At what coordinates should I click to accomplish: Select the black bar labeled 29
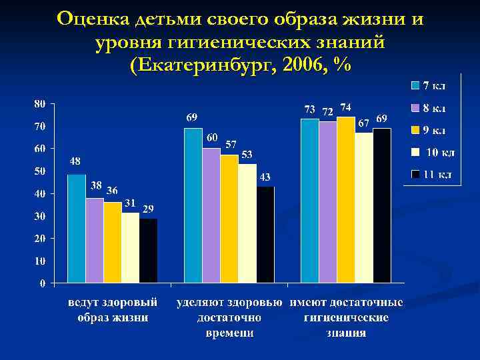pyautogui.click(x=148, y=250)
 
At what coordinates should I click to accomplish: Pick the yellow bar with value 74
pyautogui.click(x=345, y=199)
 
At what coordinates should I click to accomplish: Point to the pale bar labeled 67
pyautogui.click(x=363, y=207)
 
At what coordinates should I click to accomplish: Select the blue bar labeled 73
pyautogui.click(x=309, y=201)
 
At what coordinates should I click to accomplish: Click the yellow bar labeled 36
pyautogui.click(x=112, y=242)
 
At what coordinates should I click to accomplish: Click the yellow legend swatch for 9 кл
pyautogui.click(x=415, y=130)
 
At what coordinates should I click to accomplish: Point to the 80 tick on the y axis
pyautogui.click(x=39, y=104)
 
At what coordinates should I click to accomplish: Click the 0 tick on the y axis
pyautogui.click(x=43, y=283)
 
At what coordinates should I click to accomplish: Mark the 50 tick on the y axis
pyautogui.click(x=39, y=171)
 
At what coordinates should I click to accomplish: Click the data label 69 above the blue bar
pyautogui.click(x=191, y=118)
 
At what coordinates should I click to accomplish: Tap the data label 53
pyautogui.click(x=247, y=155)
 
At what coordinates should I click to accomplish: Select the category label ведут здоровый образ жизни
pyautogui.click(x=113, y=310)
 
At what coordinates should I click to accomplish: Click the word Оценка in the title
pyautogui.click(x=94, y=19)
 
